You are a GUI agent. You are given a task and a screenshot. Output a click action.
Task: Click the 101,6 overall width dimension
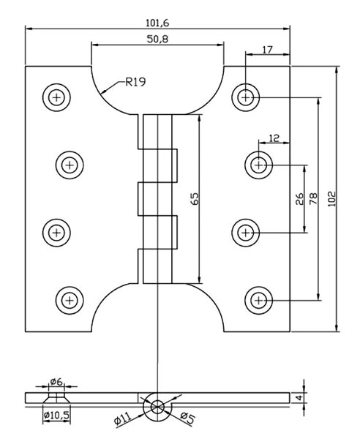158,23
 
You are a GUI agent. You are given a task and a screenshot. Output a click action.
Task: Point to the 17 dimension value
266,50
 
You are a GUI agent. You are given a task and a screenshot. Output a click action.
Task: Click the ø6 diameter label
56,381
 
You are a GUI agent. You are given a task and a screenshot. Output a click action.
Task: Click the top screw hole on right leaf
246,96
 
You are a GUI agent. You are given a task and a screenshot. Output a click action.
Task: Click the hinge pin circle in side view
156,408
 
